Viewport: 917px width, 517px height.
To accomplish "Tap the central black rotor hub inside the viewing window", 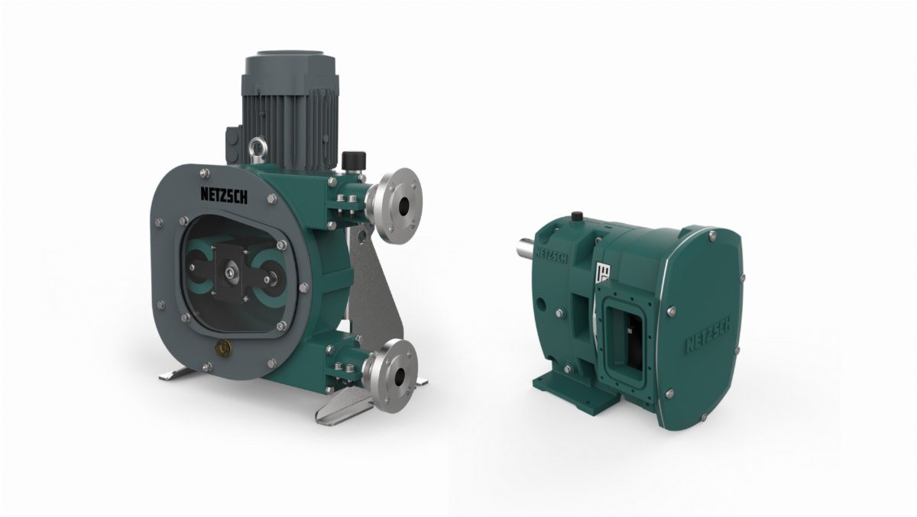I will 232,271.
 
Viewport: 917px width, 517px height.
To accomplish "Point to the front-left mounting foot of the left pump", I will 177,374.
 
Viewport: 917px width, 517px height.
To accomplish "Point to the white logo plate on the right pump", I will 603,273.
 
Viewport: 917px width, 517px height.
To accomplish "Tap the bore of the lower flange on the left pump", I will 399,377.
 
